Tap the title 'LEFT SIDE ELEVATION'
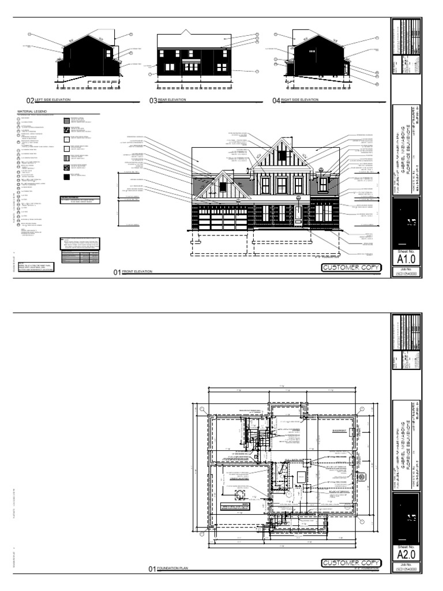pos(52,100)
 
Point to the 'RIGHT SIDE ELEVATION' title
pos(299,100)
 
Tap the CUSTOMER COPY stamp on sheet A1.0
pos(348,268)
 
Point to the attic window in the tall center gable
pos(283,155)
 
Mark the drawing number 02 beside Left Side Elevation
pos(29,100)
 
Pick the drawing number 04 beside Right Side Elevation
pos(276,100)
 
